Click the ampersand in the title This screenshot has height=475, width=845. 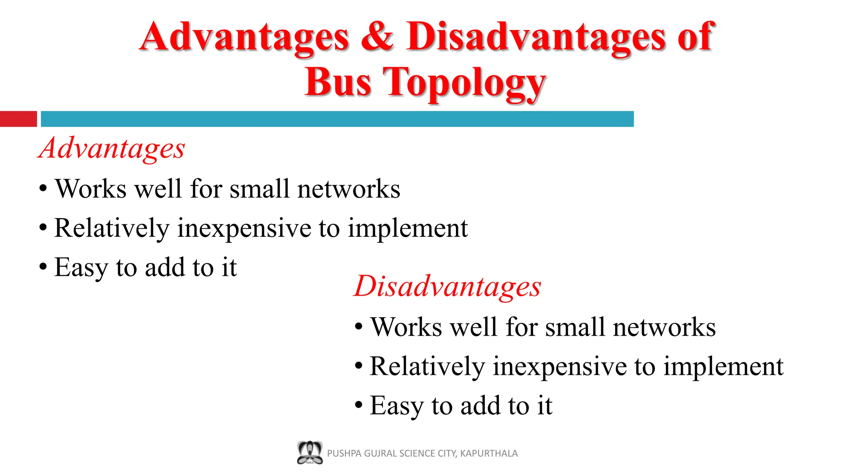377,37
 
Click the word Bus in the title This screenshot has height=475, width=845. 338,82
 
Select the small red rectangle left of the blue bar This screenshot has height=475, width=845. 18,119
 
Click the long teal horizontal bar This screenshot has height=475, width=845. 337,119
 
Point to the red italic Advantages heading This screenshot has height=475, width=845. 111,148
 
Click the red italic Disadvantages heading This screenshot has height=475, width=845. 447,287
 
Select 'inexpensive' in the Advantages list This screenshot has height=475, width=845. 244,228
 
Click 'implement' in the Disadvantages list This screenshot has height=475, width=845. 723,367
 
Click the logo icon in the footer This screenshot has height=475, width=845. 309,453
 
